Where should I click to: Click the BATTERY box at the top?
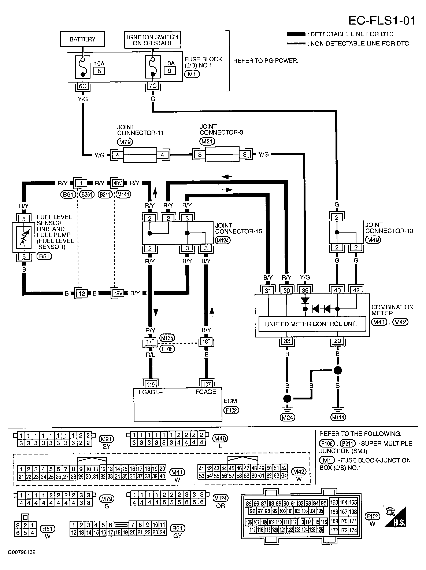pos(82,39)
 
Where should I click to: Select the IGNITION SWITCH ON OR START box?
pos(152,40)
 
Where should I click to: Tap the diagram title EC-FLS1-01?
pos(381,21)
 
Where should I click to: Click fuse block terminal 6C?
pos(83,86)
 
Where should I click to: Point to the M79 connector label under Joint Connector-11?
pos(125,142)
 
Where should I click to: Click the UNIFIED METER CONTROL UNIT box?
pos(311,324)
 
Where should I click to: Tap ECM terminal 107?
pos(207,384)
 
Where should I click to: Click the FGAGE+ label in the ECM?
pos(150,392)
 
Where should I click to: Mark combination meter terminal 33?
pos(287,341)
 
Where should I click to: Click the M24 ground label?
pos(287,417)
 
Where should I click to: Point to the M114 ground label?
pos(338,417)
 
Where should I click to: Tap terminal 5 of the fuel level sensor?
pos(24,219)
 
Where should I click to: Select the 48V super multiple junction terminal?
pos(118,183)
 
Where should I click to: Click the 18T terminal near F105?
pos(206,342)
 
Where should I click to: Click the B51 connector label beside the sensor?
pos(44,256)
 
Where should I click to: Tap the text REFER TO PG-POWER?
pos(266,61)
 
